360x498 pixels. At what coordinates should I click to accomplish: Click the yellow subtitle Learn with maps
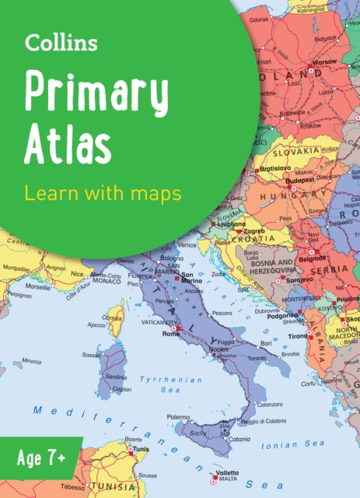tap(101, 191)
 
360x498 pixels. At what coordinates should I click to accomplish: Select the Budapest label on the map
tap(299, 179)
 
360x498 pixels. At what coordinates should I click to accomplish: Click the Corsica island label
tap(114, 318)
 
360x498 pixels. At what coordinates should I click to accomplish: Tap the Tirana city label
tap(299, 336)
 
